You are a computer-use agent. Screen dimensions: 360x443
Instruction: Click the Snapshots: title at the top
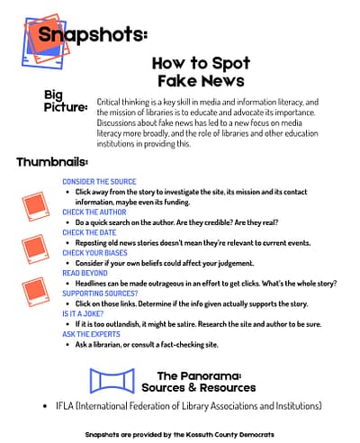pos(93,34)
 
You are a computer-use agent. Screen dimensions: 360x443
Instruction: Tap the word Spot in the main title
pos(231,64)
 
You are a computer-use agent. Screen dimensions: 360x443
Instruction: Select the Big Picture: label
pos(66,101)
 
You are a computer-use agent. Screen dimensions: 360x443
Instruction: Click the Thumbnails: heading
pos(52,162)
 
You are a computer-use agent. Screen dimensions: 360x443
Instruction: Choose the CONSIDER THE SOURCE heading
pos(99,182)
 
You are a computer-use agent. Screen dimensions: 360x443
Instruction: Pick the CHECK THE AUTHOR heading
pos(94,212)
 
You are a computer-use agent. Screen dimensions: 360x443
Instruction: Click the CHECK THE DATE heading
pos(89,232)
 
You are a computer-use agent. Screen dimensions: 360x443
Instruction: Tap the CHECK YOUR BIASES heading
pos(94,253)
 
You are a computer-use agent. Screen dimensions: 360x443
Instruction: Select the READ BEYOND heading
pos(85,273)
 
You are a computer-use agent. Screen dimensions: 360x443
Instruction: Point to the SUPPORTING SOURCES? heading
pos(100,294)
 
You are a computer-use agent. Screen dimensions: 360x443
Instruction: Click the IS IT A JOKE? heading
pos(83,314)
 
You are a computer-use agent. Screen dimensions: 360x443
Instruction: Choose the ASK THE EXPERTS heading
pos(91,334)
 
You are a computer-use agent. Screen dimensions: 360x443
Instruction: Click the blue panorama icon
pos(112,381)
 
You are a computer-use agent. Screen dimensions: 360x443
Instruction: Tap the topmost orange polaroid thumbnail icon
pos(36,206)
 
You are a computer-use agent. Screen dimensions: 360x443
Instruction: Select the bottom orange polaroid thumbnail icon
pos(36,292)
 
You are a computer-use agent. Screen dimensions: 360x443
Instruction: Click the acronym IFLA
pos(65,406)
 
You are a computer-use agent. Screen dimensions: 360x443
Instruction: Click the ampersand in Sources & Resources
pos(193,387)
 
